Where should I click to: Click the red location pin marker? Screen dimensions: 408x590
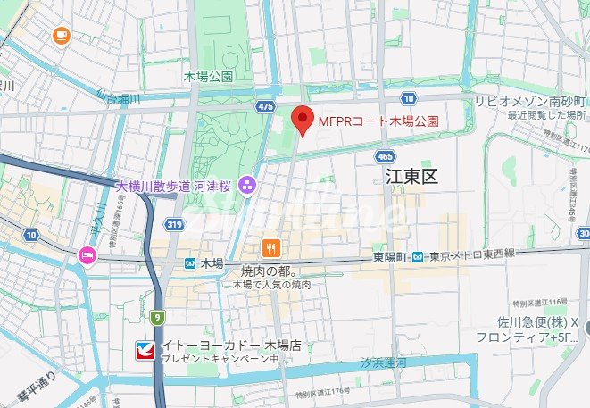click(303, 119)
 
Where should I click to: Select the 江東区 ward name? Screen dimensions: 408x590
click(412, 177)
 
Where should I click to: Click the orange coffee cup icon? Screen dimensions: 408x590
click(61, 35)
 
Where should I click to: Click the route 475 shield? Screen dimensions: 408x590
click(265, 107)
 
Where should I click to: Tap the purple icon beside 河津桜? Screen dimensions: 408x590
click(248, 187)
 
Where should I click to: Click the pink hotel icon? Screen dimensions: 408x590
click(87, 254)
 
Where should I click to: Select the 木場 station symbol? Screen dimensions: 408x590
click(190, 263)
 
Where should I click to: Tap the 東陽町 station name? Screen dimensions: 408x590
click(390, 257)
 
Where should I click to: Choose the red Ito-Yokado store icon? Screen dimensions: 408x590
click(145, 348)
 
